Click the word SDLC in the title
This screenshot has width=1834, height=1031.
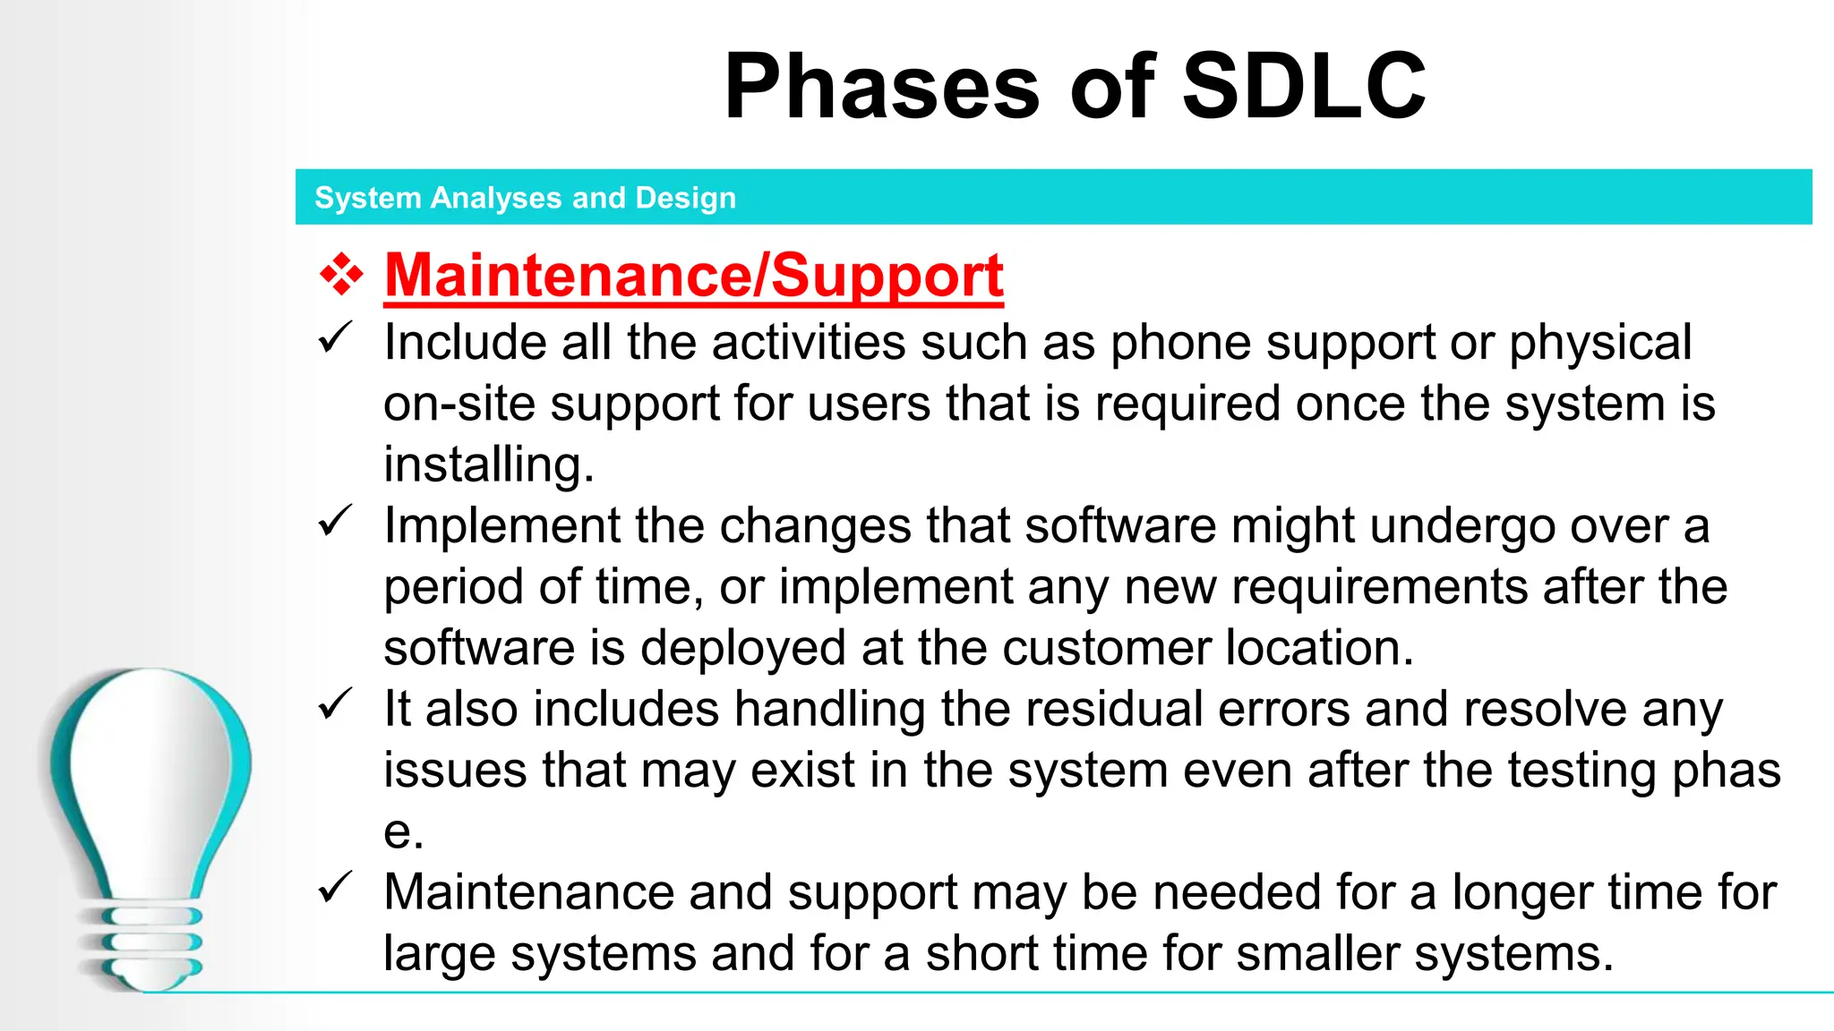(x=1304, y=87)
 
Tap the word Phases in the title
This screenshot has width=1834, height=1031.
(x=882, y=87)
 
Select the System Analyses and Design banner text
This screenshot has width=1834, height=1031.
(x=525, y=198)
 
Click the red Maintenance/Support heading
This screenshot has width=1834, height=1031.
(x=694, y=275)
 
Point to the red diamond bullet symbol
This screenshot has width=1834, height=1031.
(x=342, y=275)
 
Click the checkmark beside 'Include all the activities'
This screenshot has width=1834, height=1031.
(x=335, y=339)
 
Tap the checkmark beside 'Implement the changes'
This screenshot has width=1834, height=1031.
(x=335, y=522)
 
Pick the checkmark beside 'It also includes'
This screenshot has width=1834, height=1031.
(x=335, y=705)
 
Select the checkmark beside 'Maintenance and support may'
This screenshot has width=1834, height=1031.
(x=335, y=889)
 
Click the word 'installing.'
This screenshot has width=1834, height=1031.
(x=489, y=464)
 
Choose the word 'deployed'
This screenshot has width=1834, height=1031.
(x=742, y=648)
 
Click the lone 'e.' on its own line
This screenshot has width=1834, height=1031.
(x=403, y=832)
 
